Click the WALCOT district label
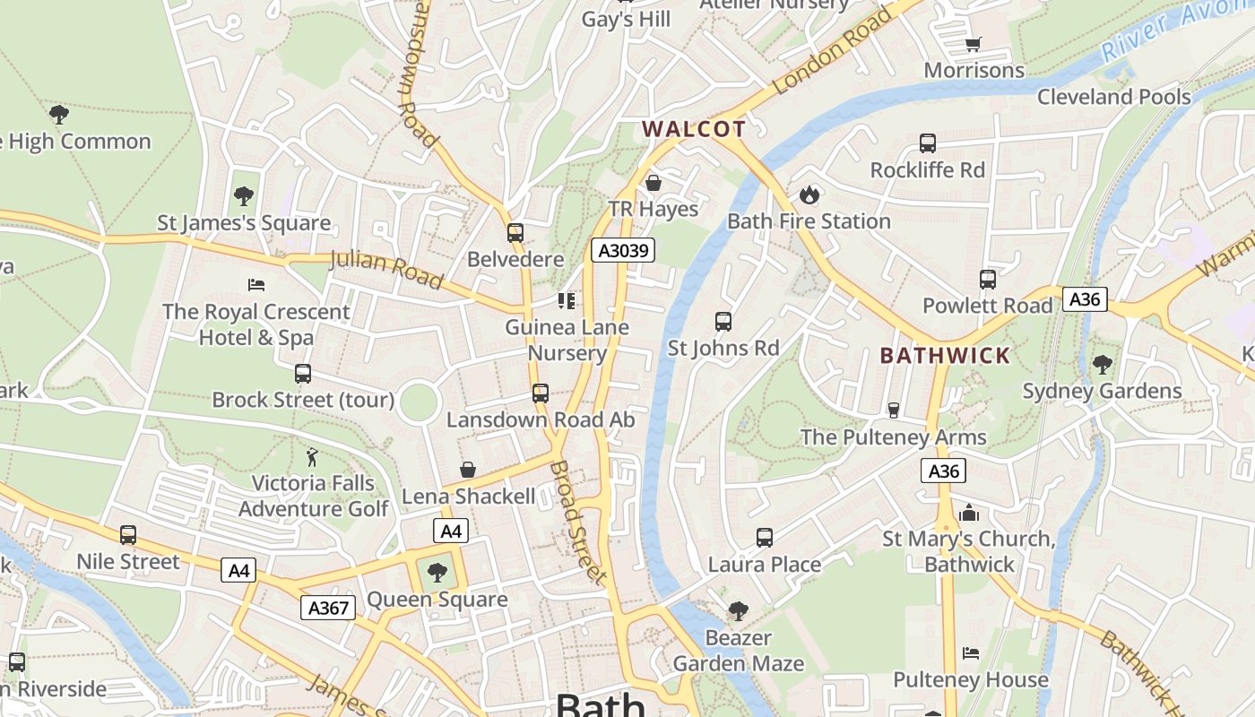click(x=694, y=129)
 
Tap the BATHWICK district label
click(x=945, y=356)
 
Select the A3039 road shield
click(x=623, y=250)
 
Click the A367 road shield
click(x=327, y=608)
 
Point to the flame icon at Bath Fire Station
click(x=809, y=194)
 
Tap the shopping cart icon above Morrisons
click(x=974, y=44)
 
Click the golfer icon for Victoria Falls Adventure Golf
click(x=312, y=457)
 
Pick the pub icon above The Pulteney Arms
click(x=893, y=410)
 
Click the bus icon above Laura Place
click(x=764, y=538)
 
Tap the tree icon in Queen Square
click(x=437, y=572)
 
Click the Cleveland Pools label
click(x=1113, y=97)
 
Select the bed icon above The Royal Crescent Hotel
click(x=256, y=285)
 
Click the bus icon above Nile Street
click(x=128, y=535)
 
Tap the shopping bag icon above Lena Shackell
click(x=468, y=470)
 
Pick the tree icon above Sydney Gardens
click(x=1102, y=365)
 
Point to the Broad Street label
click(x=577, y=523)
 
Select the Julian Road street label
click(x=386, y=270)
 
